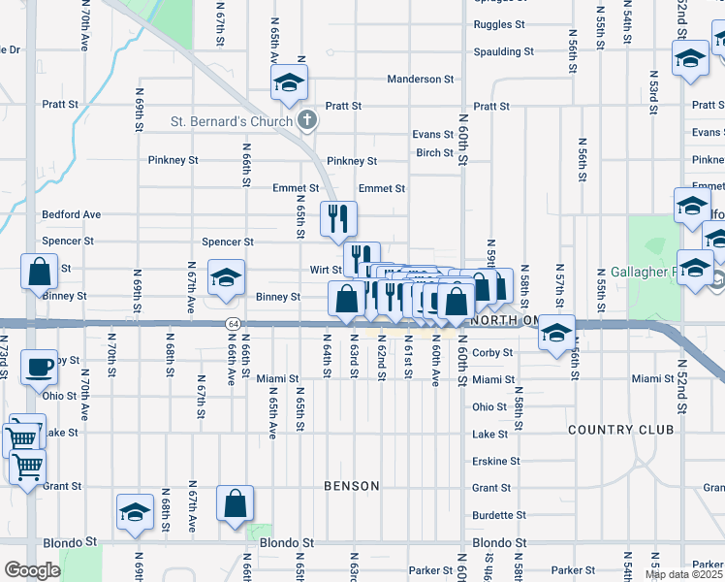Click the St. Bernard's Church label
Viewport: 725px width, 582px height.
232,121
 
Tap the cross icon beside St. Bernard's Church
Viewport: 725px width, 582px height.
307,120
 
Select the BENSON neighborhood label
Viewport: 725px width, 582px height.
351,485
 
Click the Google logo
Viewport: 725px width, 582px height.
31,570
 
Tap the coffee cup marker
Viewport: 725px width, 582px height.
40,368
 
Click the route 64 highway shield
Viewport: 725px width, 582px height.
233,323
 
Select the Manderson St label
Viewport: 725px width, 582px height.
420,79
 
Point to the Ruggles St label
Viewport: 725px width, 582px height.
499,24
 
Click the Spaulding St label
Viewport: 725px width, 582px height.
503,51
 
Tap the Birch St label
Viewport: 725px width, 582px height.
435,153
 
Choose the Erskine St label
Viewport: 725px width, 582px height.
495,462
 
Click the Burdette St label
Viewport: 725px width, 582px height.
499,515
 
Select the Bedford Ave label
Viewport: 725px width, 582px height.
71,214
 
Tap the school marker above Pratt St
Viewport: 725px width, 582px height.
289,83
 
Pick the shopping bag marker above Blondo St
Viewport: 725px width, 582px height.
236,504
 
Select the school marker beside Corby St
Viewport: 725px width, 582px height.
556,334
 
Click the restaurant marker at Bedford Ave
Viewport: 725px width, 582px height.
337,219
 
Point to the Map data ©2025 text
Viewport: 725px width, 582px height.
683,574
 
